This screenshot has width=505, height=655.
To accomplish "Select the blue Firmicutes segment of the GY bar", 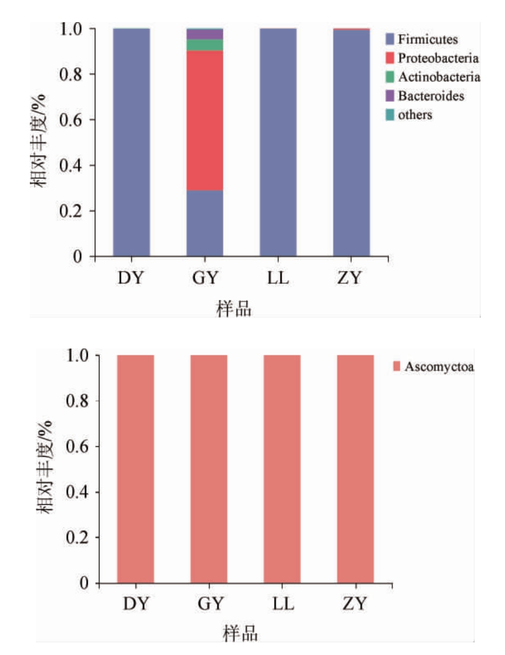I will point(205,224).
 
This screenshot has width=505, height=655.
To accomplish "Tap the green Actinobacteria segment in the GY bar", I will point(205,45).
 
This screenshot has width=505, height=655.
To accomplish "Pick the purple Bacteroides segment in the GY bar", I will point(205,34).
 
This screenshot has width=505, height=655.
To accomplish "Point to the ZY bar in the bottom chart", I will point(355,469).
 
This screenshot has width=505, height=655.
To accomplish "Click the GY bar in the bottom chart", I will point(209,469).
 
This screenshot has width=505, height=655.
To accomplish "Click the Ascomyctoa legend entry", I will point(433,366).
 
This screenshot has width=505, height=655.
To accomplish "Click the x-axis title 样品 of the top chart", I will point(235,309).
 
